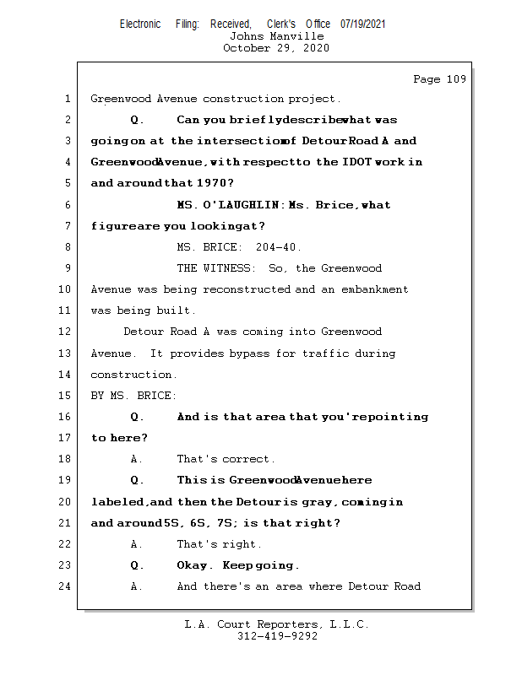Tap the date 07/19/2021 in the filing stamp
point(362,24)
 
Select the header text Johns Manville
point(276,36)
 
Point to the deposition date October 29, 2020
point(276,48)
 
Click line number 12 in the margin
point(66,332)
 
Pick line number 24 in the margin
point(66,586)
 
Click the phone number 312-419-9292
point(276,636)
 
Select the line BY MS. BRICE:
point(133,396)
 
